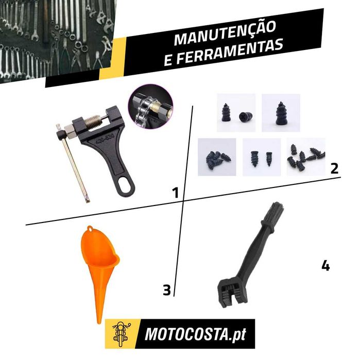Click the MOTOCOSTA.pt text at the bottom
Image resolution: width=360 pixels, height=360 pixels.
click(195, 334)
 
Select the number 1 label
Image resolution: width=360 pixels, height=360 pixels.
click(176, 193)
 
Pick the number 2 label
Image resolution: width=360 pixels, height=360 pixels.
click(334, 168)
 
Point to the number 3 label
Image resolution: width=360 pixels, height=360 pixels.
click(167, 290)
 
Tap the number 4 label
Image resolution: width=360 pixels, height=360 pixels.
click(325, 265)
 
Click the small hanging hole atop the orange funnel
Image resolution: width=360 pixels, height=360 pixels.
click(90, 229)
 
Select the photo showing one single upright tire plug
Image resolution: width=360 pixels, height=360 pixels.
click(281, 113)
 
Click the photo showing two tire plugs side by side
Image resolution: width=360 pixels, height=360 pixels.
click(262, 157)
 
